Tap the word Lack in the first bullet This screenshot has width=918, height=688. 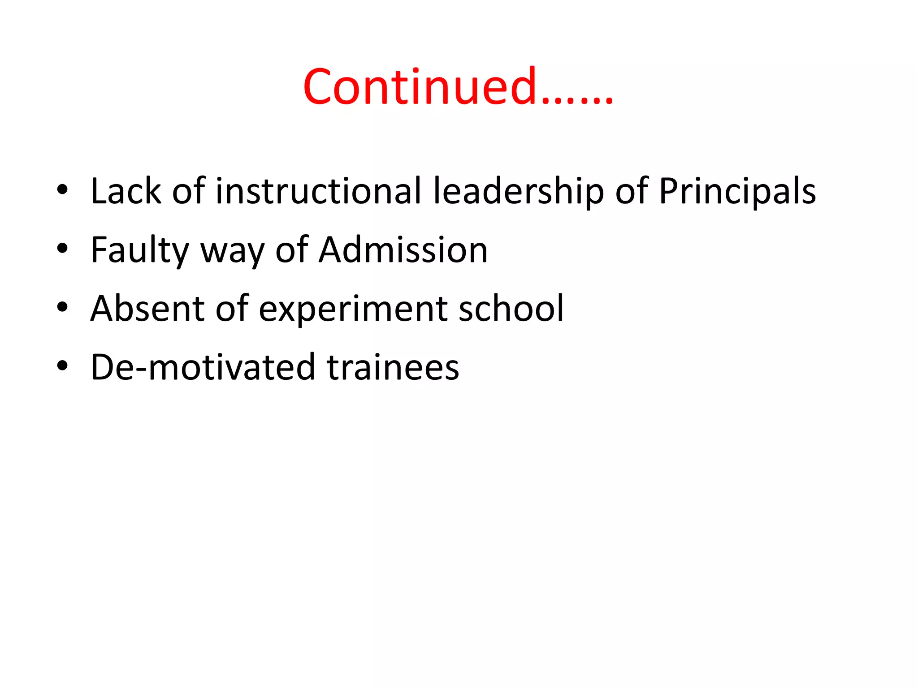(126, 191)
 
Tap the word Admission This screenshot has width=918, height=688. (403, 250)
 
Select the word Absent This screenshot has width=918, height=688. (147, 309)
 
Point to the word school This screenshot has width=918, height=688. (511, 309)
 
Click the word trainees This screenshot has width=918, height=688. (393, 367)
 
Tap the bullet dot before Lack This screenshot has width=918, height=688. (62, 190)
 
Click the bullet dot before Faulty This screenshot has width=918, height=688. (62, 249)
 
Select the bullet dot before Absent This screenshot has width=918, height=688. (62, 308)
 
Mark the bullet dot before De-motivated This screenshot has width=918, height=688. (62, 366)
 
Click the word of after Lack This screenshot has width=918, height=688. (188, 191)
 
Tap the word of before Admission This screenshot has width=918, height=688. (292, 250)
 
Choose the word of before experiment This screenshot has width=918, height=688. (232, 309)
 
